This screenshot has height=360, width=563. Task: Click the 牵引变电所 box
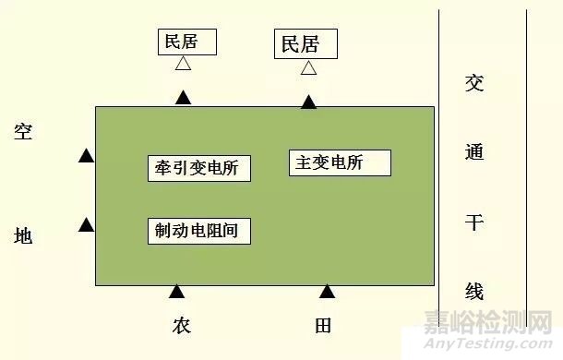tap(199, 168)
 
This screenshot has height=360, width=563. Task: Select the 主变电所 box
tap(341, 163)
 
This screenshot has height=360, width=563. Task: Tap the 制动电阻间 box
tap(199, 231)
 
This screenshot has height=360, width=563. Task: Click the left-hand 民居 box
tap(187, 42)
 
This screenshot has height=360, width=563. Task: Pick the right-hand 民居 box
tap(306, 43)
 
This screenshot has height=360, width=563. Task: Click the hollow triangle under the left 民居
tap(184, 65)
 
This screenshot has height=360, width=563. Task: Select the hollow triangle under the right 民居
tap(308, 67)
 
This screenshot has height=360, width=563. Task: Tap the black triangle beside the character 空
tap(86, 156)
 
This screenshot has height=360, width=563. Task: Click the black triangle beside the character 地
tap(86, 224)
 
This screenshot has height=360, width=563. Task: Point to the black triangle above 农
tap(176, 292)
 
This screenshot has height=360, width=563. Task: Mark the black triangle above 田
tap(327, 292)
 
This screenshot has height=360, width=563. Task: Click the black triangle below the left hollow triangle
tap(184, 97)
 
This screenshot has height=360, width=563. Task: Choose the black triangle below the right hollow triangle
tap(308, 102)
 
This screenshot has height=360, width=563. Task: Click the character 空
tap(24, 132)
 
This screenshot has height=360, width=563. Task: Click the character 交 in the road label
tap(474, 84)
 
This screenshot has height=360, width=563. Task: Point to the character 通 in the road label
tap(474, 152)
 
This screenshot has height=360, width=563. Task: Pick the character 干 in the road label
tap(474, 222)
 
